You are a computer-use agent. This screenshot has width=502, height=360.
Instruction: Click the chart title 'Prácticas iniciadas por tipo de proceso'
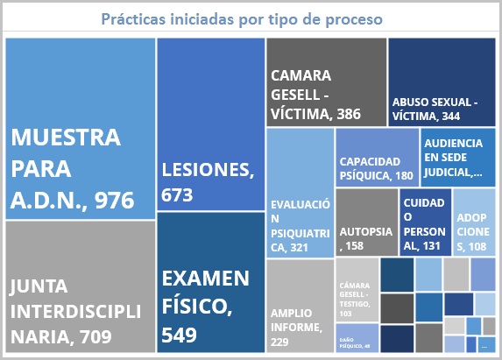pyautogui.click(x=248, y=18)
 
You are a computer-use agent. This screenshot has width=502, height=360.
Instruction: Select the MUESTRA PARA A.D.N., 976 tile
pyautogui.click(x=80, y=128)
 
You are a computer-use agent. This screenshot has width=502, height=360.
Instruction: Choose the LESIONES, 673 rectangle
pyautogui.click(x=210, y=124)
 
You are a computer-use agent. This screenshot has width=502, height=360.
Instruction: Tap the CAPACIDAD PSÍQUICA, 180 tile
pyautogui.click(x=376, y=156)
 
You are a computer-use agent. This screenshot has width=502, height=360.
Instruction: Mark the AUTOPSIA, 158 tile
pyautogui.click(x=366, y=222)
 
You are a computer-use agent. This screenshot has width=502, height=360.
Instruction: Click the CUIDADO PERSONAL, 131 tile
pyautogui.click(x=426, y=222)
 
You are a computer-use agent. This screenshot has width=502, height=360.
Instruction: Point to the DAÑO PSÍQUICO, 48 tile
pyautogui.click(x=357, y=337)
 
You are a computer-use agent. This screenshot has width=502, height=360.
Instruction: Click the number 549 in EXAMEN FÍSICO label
pyautogui.click(x=181, y=334)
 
